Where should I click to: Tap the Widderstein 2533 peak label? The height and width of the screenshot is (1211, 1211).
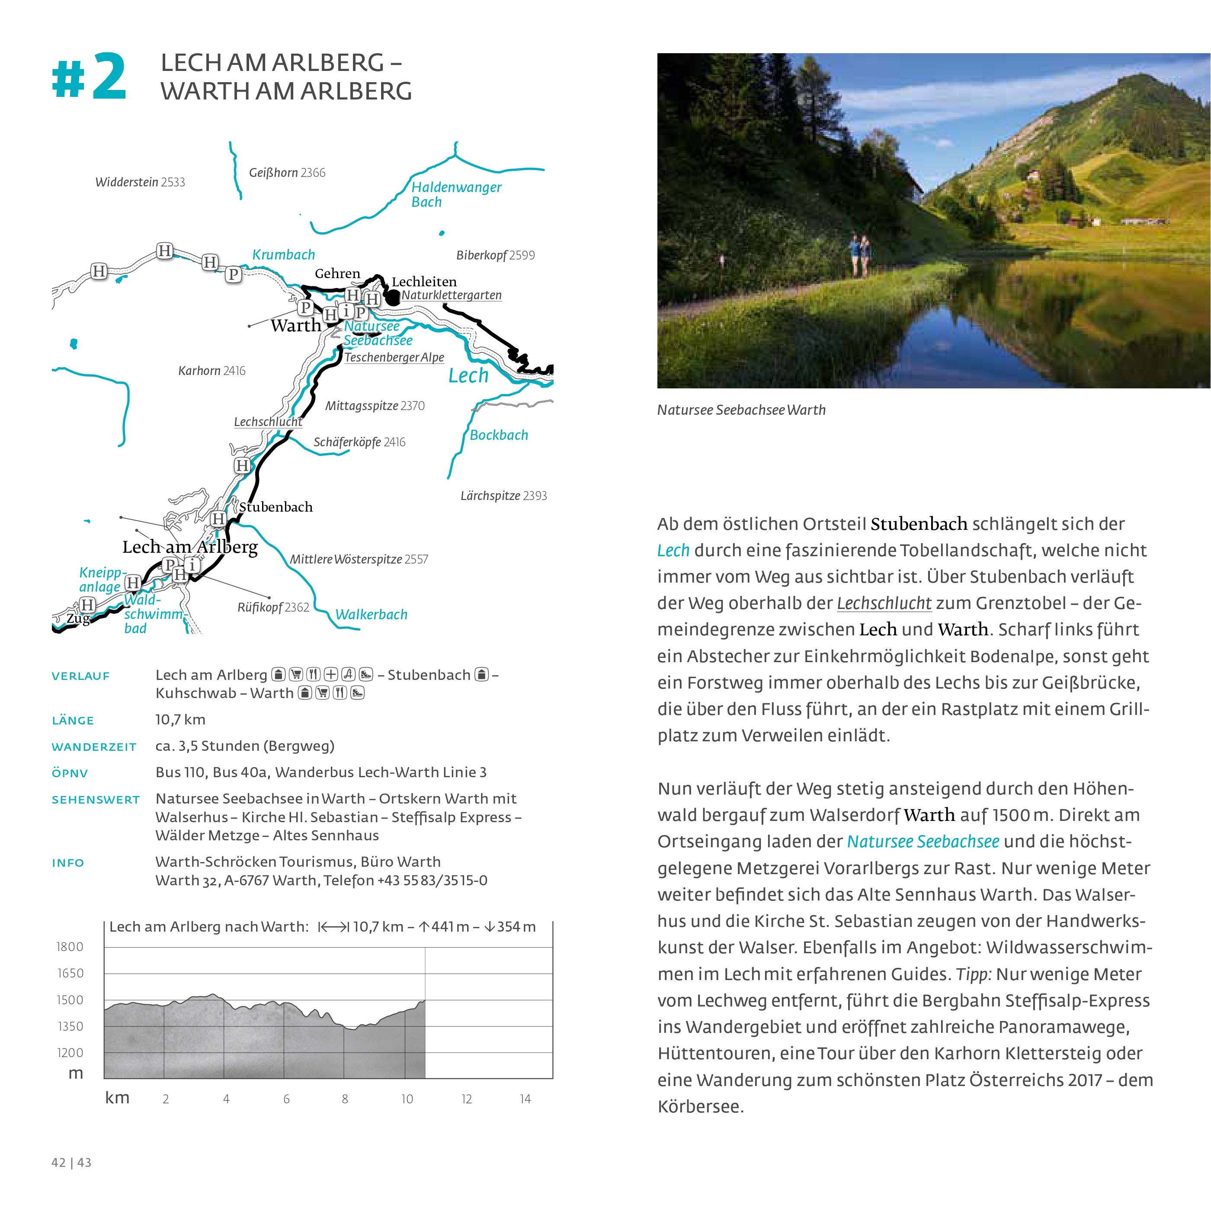coord(140,183)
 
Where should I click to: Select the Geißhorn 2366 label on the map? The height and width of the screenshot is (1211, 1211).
coord(287,173)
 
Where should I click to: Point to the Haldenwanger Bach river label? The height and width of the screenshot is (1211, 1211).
coord(456,194)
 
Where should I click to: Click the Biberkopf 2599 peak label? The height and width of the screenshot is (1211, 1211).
coord(495,255)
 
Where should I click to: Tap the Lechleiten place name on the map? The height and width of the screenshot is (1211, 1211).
coord(424,282)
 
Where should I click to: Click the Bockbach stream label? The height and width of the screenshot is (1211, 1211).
coord(499,435)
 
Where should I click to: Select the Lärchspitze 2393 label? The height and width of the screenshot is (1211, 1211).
coord(503,496)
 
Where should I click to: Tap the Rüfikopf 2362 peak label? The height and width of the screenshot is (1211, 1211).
coord(273,607)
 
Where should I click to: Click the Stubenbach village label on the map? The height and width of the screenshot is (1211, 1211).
coord(276,507)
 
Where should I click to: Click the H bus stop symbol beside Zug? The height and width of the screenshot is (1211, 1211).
coord(87,605)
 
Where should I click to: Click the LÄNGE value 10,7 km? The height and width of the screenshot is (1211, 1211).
coord(180,720)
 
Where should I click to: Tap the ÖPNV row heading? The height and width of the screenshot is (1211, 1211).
coord(70,773)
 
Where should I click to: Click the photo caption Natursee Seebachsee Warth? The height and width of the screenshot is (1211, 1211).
coord(741,410)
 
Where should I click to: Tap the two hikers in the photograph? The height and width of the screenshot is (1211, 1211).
coord(859,255)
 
